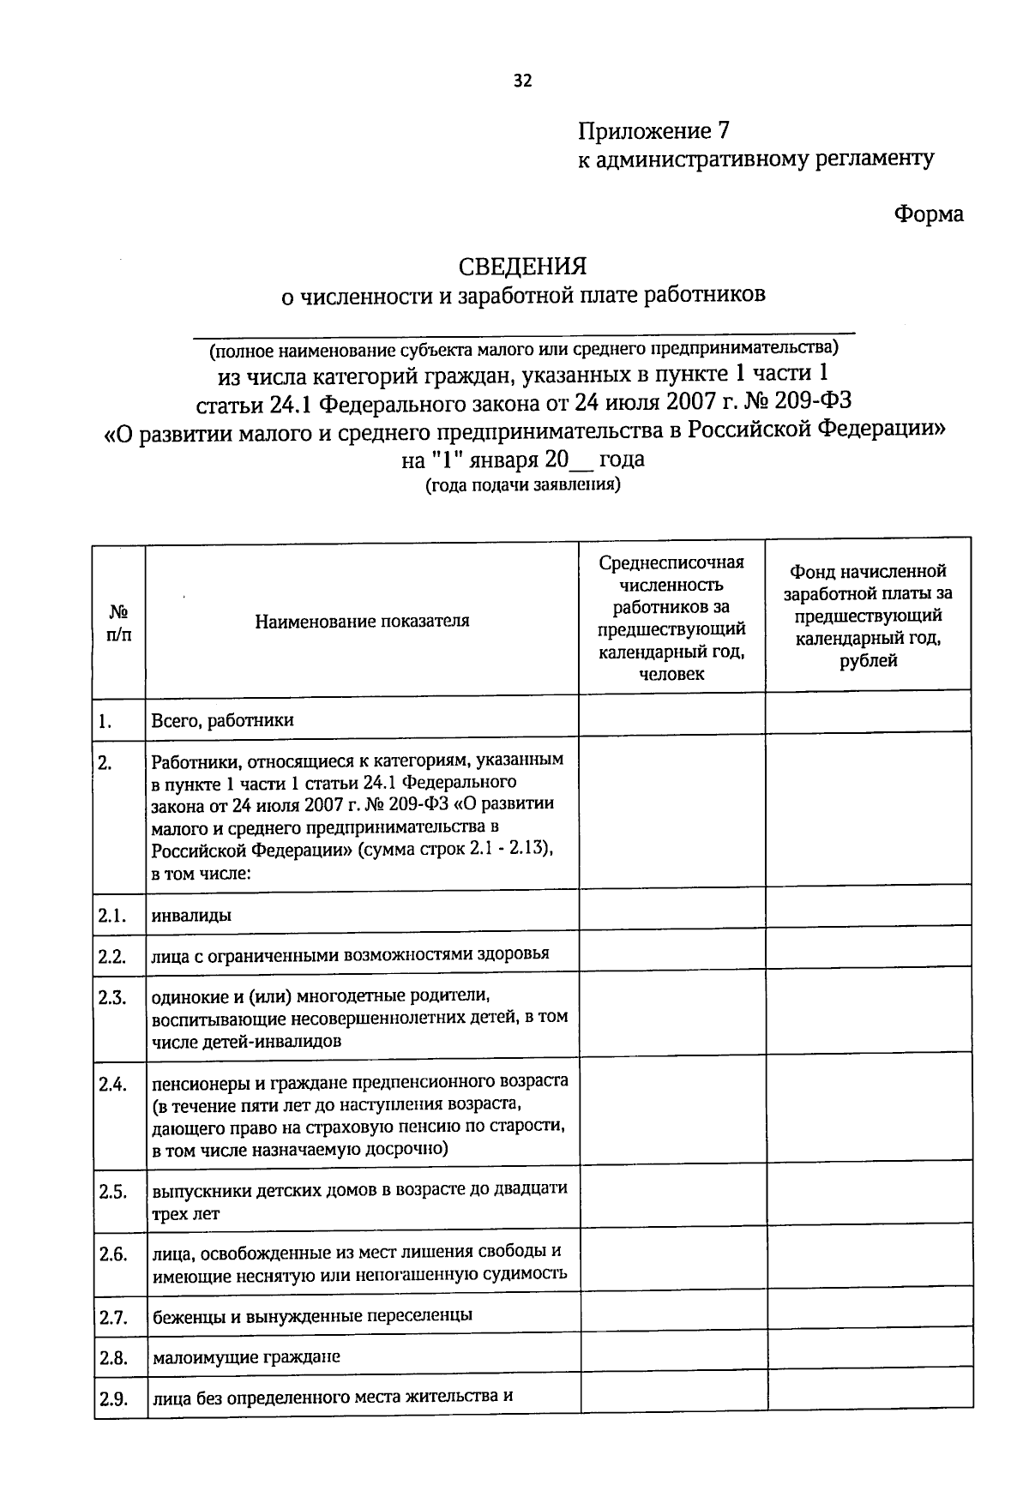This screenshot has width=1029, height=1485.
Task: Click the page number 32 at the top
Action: click(522, 81)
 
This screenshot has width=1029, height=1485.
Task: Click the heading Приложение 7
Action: click(653, 131)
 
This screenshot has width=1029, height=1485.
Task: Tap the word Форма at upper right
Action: click(929, 213)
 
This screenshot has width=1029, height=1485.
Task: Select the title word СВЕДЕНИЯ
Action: click(522, 267)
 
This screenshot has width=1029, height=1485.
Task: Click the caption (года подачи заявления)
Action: click(522, 484)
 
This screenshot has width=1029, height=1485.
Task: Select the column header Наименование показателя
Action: click(362, 621)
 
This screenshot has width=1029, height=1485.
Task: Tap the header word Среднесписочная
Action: click(671, 562)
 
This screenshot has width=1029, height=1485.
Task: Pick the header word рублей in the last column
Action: click(868, 660)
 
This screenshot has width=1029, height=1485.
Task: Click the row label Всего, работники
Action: click(222, 720)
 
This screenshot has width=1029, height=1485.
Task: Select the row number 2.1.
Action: click(111, 916)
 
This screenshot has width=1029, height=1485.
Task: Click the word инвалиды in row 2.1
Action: click(191, 916)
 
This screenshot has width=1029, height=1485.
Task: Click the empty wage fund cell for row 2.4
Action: click(869, 1112)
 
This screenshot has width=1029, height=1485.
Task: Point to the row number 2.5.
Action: click(112, 1192)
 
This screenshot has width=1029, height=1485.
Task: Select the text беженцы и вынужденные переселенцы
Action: click(312, 1315)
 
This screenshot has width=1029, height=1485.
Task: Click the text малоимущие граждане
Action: click(246, 1357)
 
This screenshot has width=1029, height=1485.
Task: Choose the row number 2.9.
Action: click(113, 1400)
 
